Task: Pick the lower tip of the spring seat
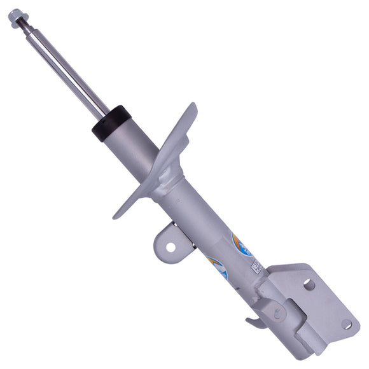click(x=118, y=214)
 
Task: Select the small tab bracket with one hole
click(x=167, y=241)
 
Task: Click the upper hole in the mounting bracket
click(x=309, y=284)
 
